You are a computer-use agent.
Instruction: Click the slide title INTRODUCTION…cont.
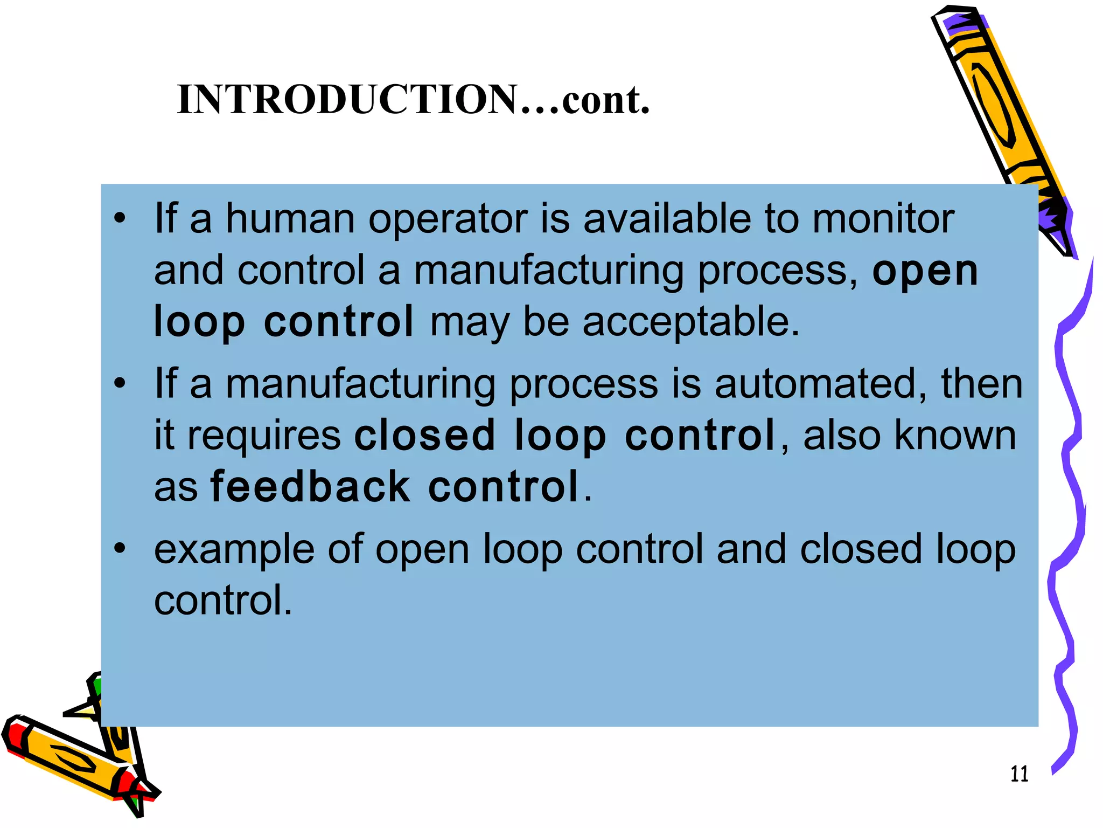(x=413, y=100)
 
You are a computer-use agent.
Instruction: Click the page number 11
(x=1019, y=774)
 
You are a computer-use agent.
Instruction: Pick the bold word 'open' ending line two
(x=925, y=271)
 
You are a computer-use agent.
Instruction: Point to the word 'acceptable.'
(x=691, y=322)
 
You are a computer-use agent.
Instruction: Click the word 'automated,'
(x=821, y=384)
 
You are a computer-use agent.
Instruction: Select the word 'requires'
(x=264, y=436)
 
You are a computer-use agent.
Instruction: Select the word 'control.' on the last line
(x=223, y=600)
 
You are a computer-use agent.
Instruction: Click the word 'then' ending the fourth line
(x=981, y=384)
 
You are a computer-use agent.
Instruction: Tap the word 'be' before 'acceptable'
(x=546, y=322)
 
